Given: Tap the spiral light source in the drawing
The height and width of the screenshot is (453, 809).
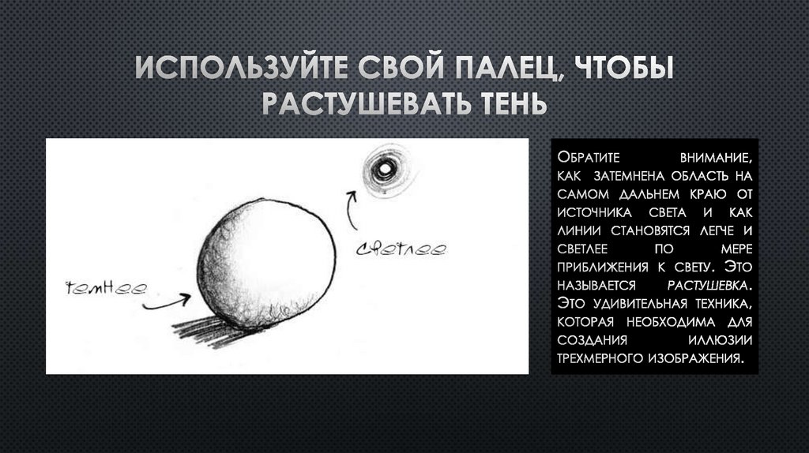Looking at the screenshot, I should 384,167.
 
